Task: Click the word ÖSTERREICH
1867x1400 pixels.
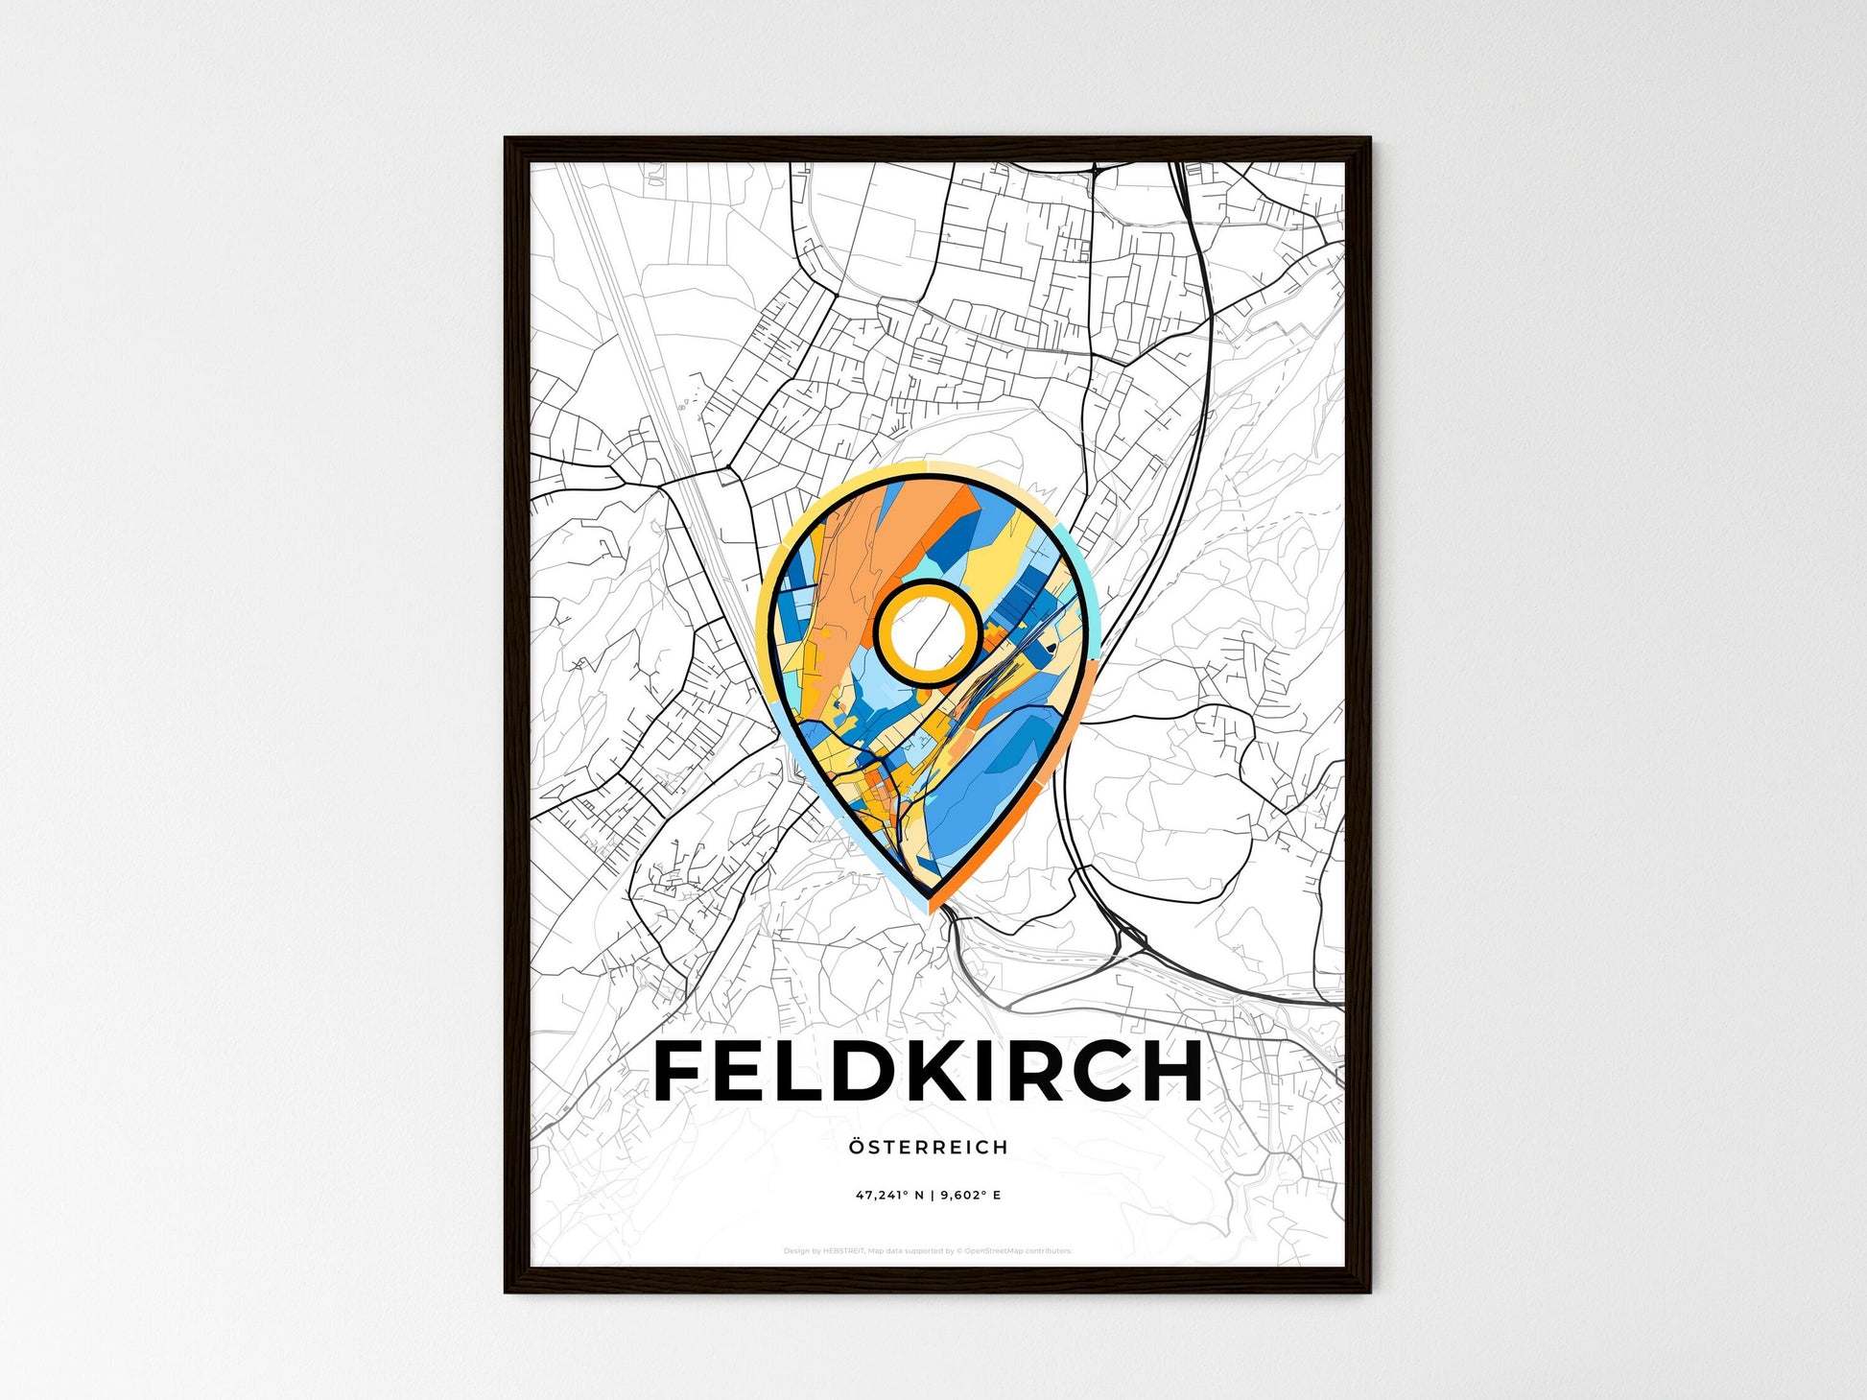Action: tap(928, 1147)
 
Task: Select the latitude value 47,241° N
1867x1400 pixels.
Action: tap(890, 1196)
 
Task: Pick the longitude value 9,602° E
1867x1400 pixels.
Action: tap(970, 1196)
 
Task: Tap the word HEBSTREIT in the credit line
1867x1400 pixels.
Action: tap(844, 1251)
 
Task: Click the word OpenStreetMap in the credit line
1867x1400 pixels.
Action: tap(992, 1251)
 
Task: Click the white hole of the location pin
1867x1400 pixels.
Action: tap(928, 631)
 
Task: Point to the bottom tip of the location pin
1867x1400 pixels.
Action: tap(929, 898)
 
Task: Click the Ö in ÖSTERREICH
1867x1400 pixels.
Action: tap(856, 1147)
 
